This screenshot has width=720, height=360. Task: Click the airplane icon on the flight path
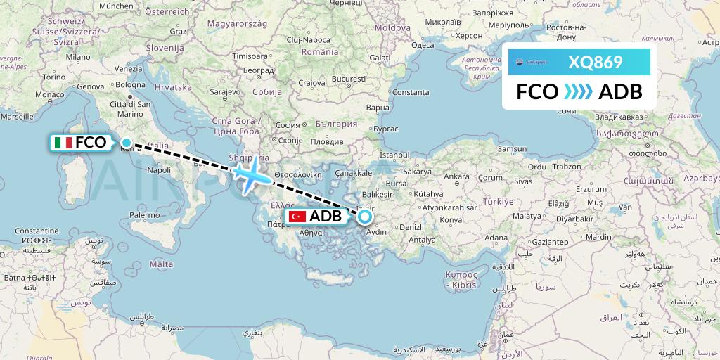[x=248, y=175]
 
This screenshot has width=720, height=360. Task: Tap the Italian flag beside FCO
[x=63, y=143]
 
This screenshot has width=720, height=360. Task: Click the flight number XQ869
[x=596, y=62]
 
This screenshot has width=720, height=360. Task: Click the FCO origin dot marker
[x=126, y=143]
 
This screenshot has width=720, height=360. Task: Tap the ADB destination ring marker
[x=366, y=217]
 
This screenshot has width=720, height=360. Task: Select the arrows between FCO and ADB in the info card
[x=578, y=92]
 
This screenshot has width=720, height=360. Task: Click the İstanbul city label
[x=394, y=154]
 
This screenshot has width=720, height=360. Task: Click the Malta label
[x=161, y=264]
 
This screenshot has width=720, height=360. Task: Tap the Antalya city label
[x=422, y=240]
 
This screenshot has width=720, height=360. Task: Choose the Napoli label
[x=160, y=169]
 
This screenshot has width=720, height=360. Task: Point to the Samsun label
[x=511, y=149]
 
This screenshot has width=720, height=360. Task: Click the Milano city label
[x=79, y=57]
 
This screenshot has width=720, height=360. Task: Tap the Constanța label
[x=411, y=92]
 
